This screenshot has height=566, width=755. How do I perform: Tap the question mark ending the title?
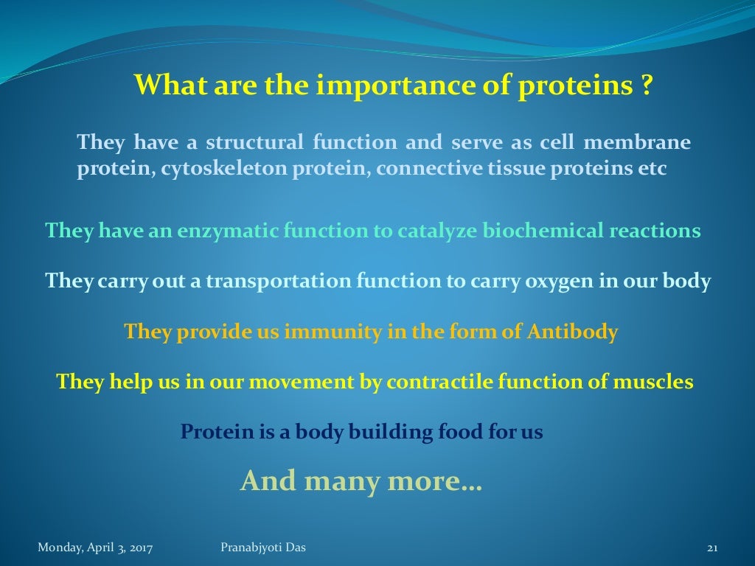pos(646,87)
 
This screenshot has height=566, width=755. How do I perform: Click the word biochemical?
pos(542,231)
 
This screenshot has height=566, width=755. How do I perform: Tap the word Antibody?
pos(572,332)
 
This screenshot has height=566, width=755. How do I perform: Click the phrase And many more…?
pos(361,481)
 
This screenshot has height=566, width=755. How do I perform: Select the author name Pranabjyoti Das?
pos(263,547)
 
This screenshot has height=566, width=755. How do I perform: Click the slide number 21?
pos(712,548)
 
